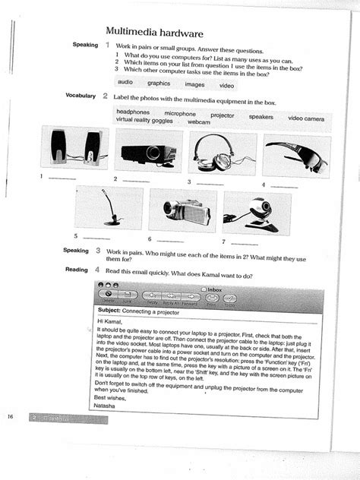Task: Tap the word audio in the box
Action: coord(125,82)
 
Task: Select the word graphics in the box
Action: coord(159,84)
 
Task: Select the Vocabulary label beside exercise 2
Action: coord(81,96)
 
